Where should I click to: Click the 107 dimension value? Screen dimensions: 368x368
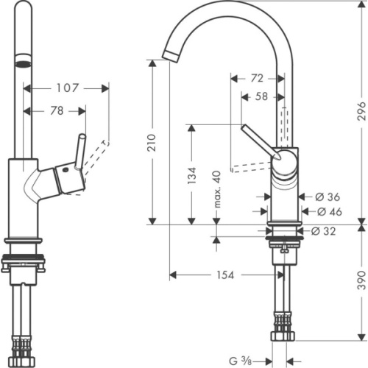pyautogui.click(x=66, y=88)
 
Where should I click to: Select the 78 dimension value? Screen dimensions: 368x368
pyautogui.click(x=56, y=111)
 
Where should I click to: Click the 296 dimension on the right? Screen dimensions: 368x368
pyautogui.click(x=361, y=110)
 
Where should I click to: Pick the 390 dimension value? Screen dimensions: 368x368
pyautogui.click(x=361, y=283)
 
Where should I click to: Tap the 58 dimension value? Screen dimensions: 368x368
pyautogui.click(x=261, y=96)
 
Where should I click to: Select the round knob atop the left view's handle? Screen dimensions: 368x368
pyautogui.click(x=82, y=138)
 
